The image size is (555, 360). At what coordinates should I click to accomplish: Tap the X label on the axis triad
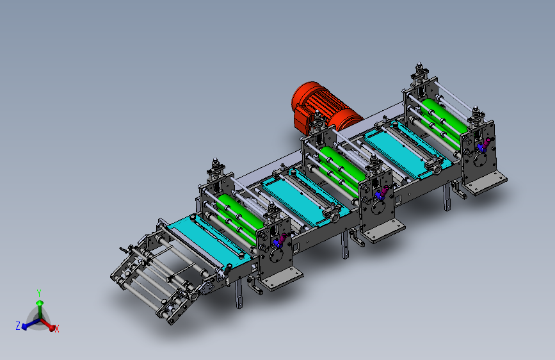click(56, 329)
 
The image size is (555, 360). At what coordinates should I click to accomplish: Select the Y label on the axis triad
click(39, 293)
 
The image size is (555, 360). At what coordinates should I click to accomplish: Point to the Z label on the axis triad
click(18, 325)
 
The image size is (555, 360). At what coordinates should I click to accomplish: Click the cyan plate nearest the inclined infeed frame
click(209, 238)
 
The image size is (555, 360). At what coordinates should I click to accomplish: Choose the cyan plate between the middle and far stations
click(407, 149)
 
